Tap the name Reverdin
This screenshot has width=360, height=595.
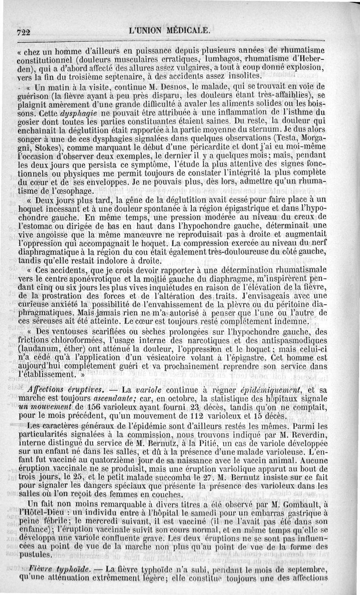coord(325,437)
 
